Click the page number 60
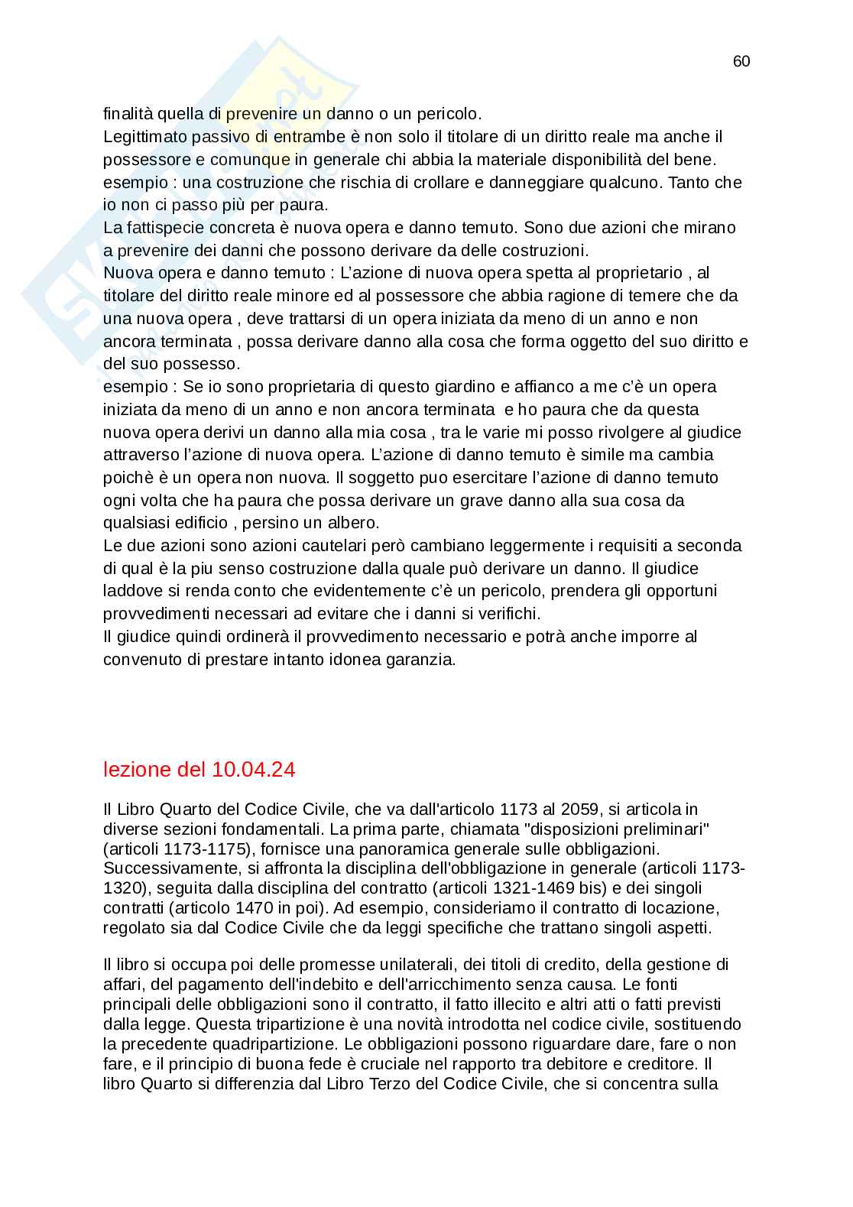pos(741,62)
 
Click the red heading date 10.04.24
pos(251,770)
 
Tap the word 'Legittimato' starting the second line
pos(144,138)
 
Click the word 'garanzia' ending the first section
pos(424,660)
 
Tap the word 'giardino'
pos(465,387)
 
